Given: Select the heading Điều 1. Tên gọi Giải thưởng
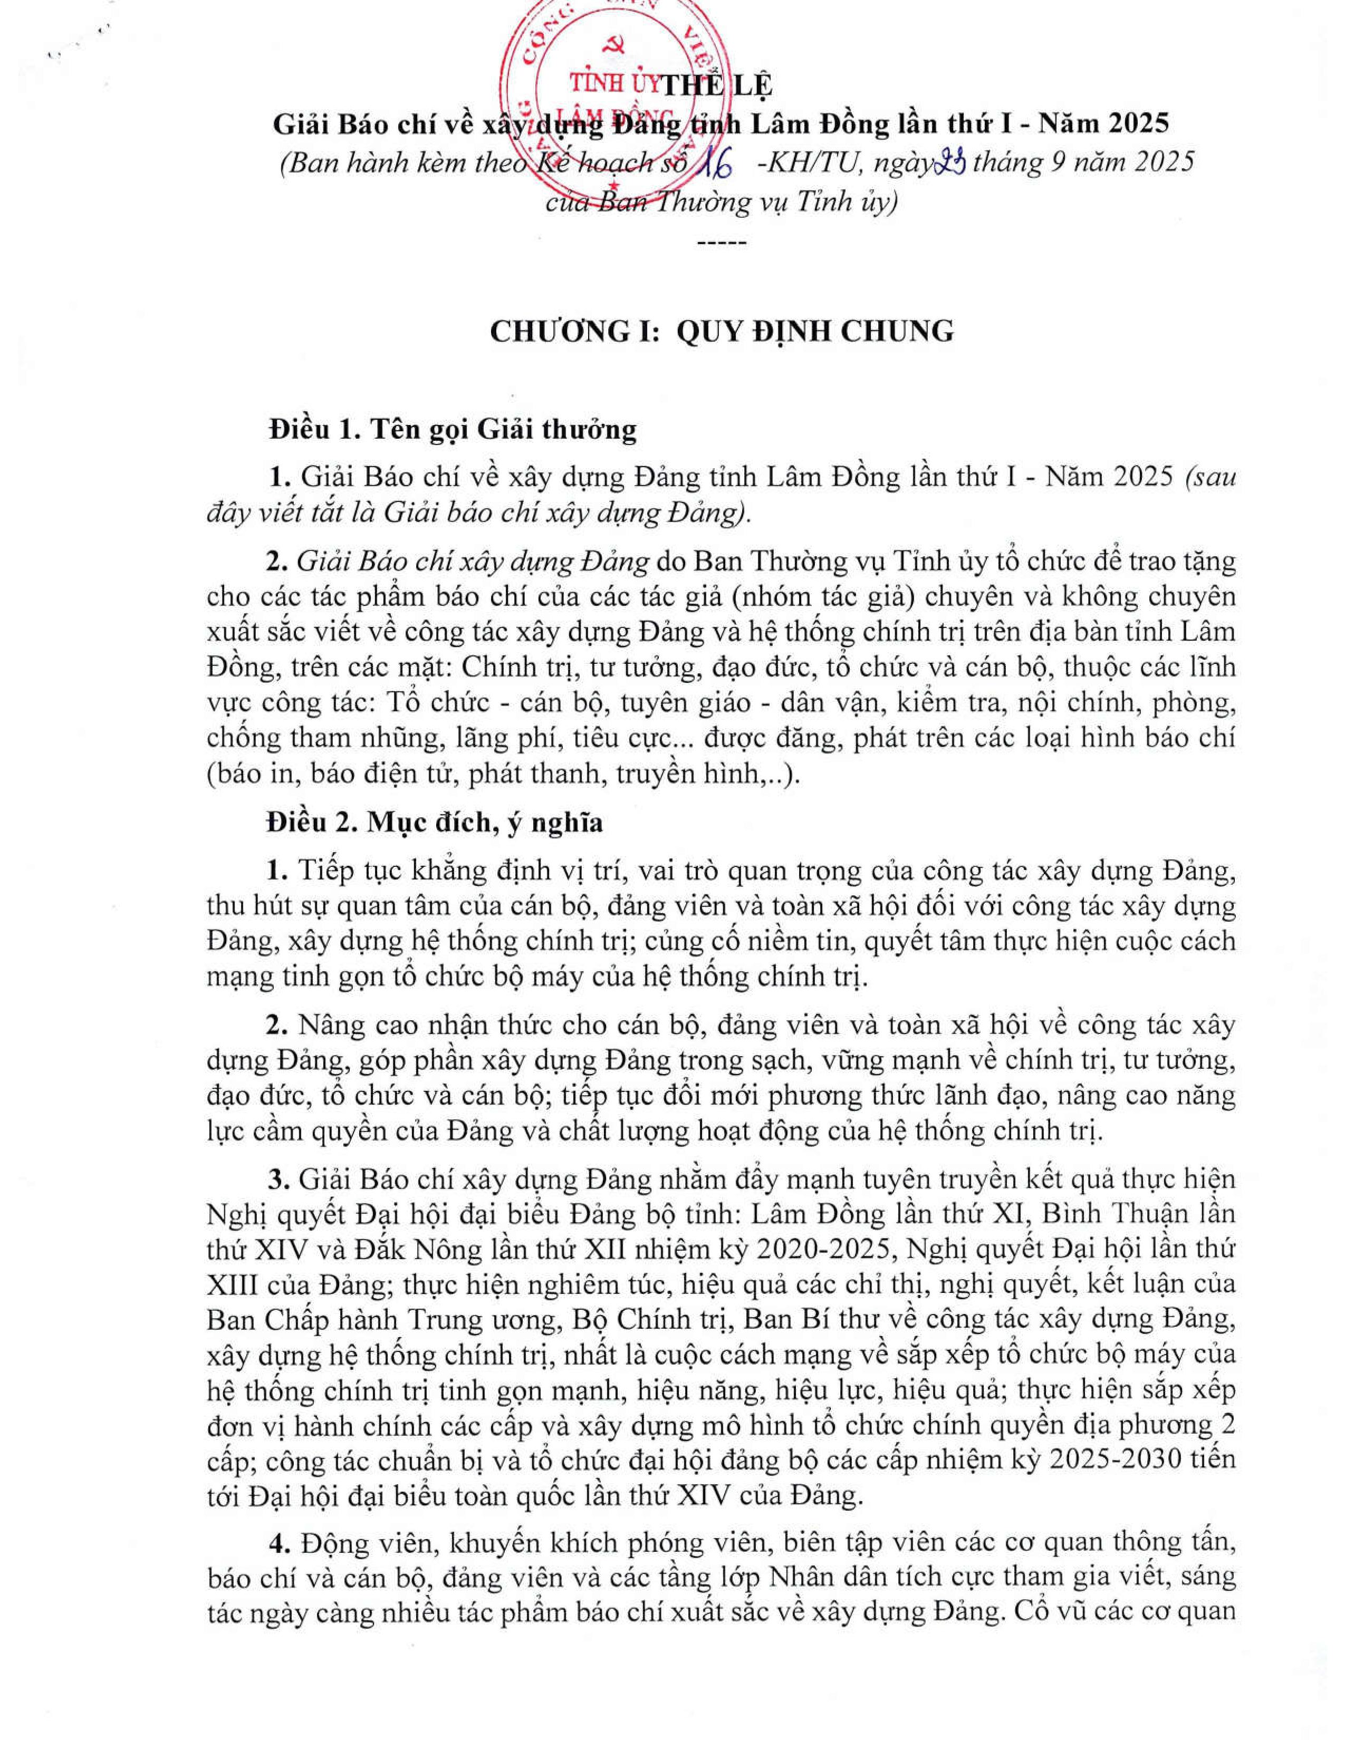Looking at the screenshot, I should click(x=453, y=429).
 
